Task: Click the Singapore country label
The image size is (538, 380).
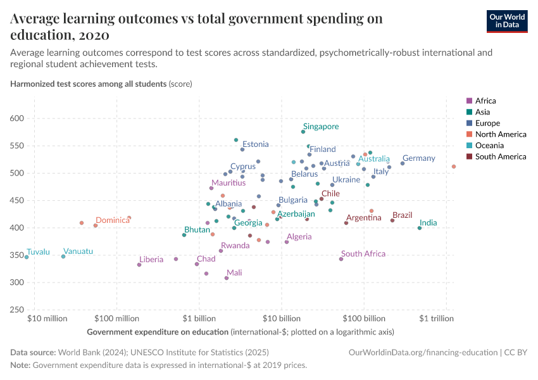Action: coord(320,127)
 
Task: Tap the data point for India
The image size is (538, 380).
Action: coord(420,228)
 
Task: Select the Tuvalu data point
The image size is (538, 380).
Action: coord(27,257)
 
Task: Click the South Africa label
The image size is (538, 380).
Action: coord(363,254)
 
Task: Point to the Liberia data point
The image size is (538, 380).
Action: coord(139,265)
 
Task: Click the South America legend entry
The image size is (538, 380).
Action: coord(500,156)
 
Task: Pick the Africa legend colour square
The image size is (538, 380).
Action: coord(468,101)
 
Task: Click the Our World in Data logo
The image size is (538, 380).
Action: coord(507,20)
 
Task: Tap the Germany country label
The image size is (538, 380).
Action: coord(418,158)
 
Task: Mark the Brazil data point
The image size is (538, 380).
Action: coord(392,220)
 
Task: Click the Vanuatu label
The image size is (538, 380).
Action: coord(78,251)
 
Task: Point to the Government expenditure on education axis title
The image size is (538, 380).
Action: coord(158,332)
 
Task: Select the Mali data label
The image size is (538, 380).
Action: coord(234,273)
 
